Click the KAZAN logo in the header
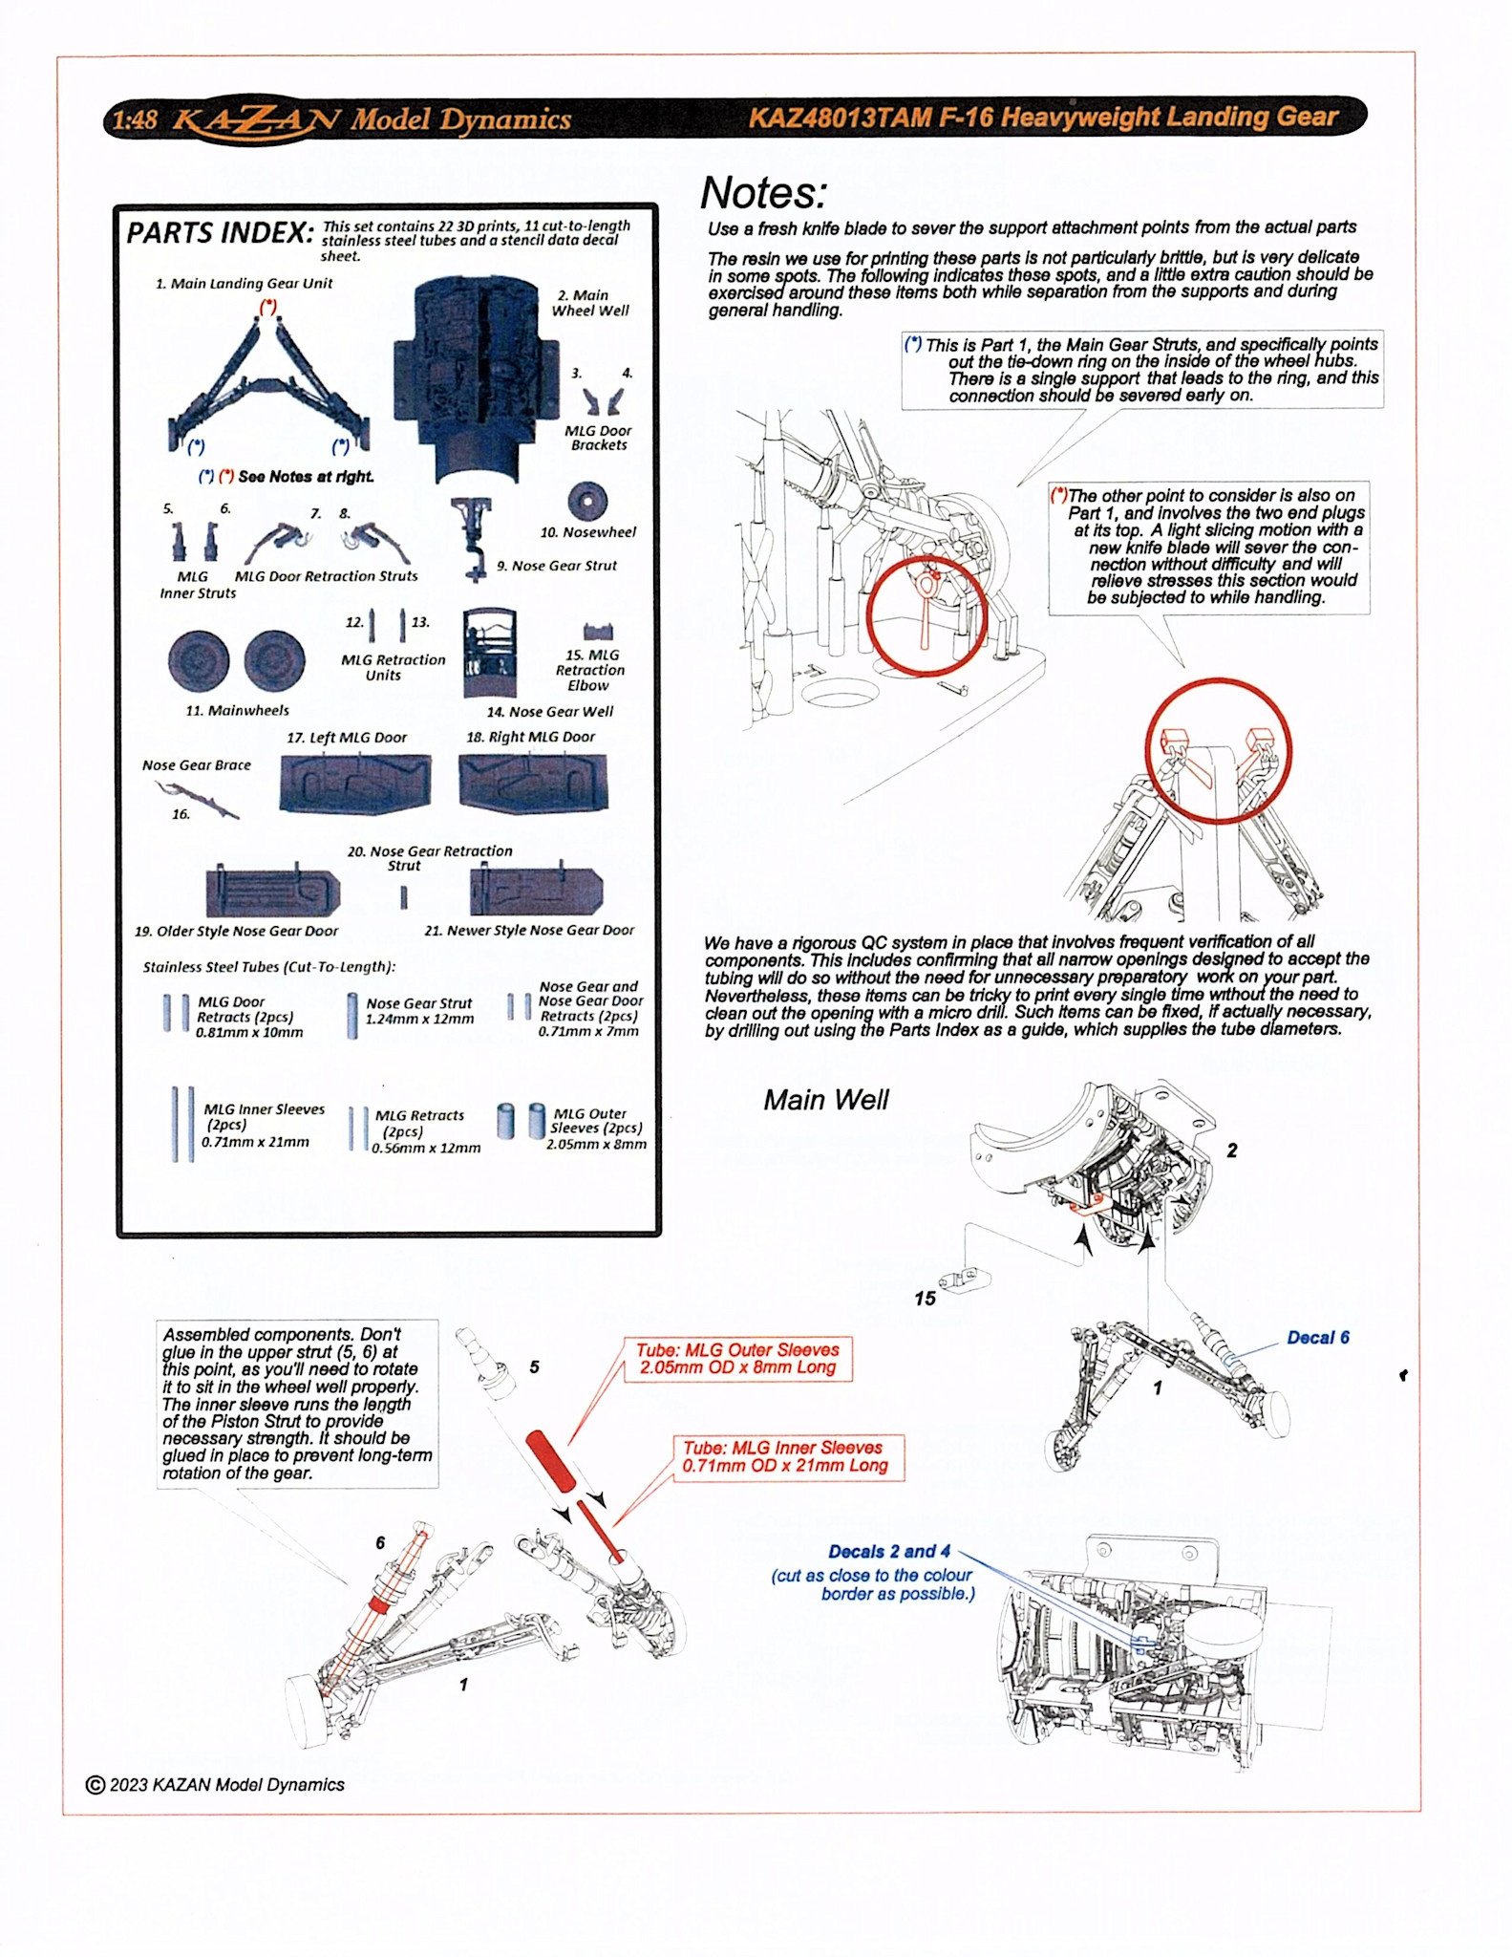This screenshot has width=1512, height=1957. click(255, 120)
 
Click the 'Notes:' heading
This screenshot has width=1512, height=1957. click(763, 193)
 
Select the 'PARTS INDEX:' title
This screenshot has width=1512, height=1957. click(220, 233)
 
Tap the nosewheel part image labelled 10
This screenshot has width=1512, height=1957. click(586, 502)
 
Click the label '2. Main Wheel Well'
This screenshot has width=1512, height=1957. click(590, 303)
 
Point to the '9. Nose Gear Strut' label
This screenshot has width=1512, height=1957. click(557, 566)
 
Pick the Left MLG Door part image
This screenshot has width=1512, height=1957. click(355, 783)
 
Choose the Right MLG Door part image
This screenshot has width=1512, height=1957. click(533, 783)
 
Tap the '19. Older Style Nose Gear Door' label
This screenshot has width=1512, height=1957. click(236, 931)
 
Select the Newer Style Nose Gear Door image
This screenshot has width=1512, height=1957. click(536, 892)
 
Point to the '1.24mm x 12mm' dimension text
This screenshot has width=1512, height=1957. click(419, 1019)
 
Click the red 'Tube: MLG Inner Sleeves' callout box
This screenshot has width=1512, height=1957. click(784, 1456)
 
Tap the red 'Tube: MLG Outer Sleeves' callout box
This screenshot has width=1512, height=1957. click(738, 1358)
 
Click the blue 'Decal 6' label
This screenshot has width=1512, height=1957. click(1317, 1338)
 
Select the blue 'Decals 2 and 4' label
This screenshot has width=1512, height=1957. click(888, 1552)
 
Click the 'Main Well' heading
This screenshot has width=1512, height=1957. click(825, 1100)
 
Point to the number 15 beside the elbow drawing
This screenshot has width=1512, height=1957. click(925, 1298)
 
